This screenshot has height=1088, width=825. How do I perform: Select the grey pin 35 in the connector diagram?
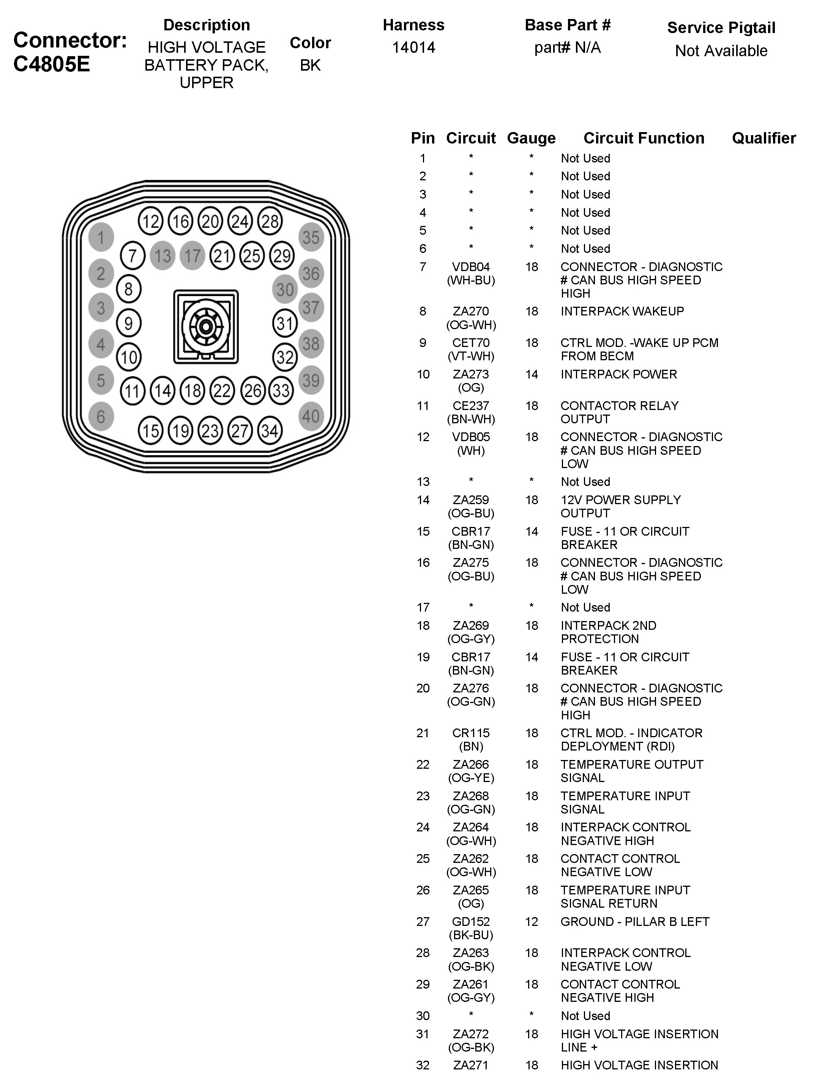pyautogui.click(x=311, y=238)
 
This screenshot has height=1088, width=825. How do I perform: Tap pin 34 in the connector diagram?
pyautogui.click(x=270, y=431)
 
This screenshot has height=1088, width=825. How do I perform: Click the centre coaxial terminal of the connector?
pyautogui.click(x=206, y=326)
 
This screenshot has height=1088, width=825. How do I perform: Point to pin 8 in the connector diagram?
pyautogui.click(x=128, y=289)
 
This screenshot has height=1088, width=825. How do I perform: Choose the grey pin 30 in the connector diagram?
pyautogui.click(x=285, y=290)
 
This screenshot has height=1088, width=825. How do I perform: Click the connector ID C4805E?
pyautogui.click(x=52, y=65)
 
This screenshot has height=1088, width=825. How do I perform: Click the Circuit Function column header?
pyautogui.click(x=644, y=138)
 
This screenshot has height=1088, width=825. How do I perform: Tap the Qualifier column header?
pyautogui.click(x=763, y=138)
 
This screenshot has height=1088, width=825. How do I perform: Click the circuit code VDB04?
pyautogui.click(x=471, y=267)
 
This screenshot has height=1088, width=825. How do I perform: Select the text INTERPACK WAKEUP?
pyautogui.click(x=622, y=311)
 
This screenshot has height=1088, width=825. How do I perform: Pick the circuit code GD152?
pyautogui.click(x=471, y=922)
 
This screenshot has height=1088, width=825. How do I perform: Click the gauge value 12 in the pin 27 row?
pyautogui.click(x=531, y=922)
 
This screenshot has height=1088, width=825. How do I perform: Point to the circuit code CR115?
pyautogui.click(x=471, y=733)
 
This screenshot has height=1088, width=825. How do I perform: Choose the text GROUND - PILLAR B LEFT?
pyautogui.click(x=635, y=922)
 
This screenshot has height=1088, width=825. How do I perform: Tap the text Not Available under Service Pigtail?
pyautogui.click(x=721, y=50)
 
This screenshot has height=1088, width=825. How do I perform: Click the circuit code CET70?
pyautogui.click(x=471, y=343)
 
